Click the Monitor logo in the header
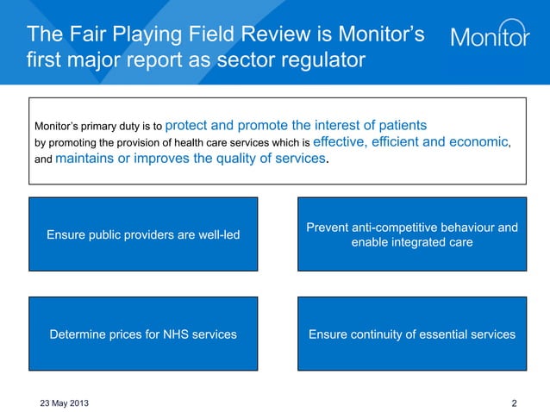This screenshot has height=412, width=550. [x=491, y=36]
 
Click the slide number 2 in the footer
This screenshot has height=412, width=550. [x=515, y=403]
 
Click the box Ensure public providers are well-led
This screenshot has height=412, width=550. [x=143, y=234]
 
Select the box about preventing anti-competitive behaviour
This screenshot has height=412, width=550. [x=411, y=234]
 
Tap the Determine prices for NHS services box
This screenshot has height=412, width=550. [x=143, y=334]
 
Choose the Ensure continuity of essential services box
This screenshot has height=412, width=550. [x=411, y=334]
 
